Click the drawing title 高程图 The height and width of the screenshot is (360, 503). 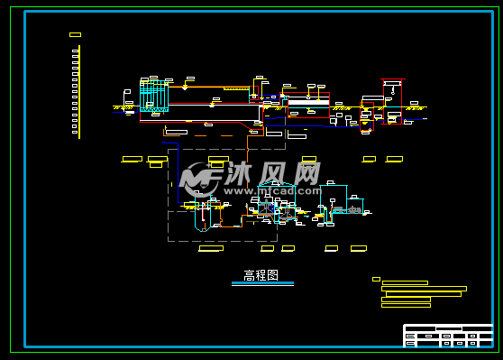261,275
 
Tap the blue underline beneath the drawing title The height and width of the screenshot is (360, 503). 262,283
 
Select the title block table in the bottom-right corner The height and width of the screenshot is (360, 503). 448,336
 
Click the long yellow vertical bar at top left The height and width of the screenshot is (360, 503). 79,91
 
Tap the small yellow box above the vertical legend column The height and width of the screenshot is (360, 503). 75,35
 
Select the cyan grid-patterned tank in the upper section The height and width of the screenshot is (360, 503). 153,96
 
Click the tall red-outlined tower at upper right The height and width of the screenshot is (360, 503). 368,114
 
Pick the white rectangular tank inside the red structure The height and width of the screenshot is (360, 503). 307,103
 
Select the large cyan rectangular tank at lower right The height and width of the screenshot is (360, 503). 334,198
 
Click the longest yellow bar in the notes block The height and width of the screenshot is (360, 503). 425,289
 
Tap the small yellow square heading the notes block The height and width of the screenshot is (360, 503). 376,279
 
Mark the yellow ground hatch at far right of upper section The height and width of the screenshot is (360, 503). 416,108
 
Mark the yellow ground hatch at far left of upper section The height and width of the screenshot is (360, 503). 118,108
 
